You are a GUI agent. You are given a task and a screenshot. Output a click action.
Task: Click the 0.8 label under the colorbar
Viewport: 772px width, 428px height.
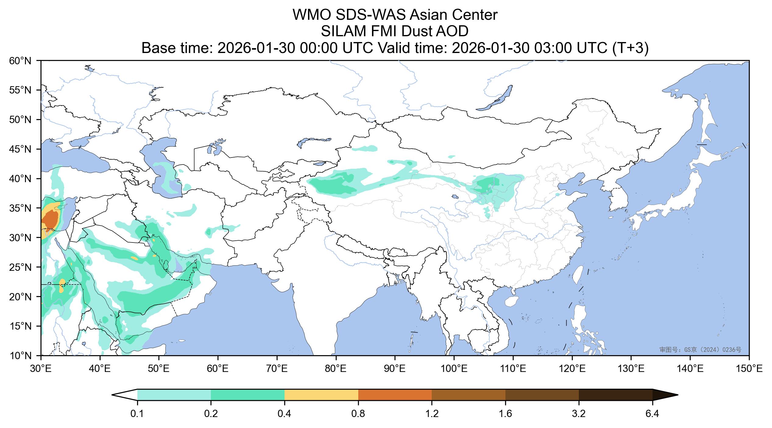pyautogui.click(x=358, y=414)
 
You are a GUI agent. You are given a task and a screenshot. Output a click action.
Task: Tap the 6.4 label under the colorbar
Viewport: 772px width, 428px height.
pyautogui.click(x=653, y=414)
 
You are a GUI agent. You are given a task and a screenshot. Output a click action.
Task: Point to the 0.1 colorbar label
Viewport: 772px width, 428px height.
pyautogui.click(x=137, y=414)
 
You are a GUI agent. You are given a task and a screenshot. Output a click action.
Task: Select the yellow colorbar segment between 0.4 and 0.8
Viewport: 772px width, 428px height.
pyautogui.click(x=321, y=395)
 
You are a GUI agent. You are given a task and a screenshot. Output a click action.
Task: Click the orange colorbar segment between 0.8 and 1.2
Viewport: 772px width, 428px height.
pyautogui.click(x=395, y=395)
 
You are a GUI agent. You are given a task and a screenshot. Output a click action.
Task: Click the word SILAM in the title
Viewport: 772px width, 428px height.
pyautogui.click(x=341, y=31)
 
